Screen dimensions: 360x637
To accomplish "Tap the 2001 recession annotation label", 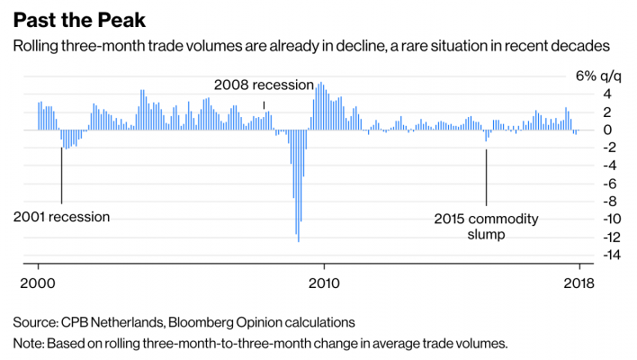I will pyautogui.click(x=62, y=217).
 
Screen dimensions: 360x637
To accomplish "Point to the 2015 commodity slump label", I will pyautogui.click(x=486, y=226).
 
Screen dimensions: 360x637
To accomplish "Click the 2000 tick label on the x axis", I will pyautogui.click(x=38, y=281).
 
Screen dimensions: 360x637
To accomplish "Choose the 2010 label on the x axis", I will pyautogui.click(x=323, y=281).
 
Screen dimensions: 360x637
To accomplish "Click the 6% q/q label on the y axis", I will pyautogui.click(x=597, y=76).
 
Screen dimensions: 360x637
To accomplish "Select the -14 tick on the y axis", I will pyautogui.click(x=586, y=256).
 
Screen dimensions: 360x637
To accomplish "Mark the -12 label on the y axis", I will pyautogui.click(x=586, y=238).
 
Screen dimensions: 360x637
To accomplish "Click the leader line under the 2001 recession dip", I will pyautogui.click(x=61, y=175).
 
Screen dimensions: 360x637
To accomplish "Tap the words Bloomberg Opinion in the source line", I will pyautogui.click(x=226, y=322).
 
